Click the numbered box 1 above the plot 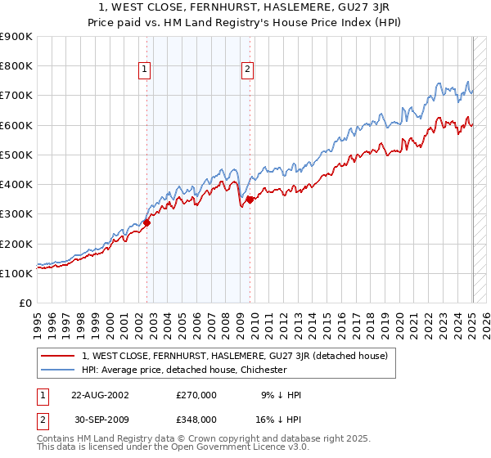[x=144, y=70]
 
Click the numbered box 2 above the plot [x=247, y=70]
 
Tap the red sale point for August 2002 [x=147, y=222]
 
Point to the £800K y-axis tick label [x=16, y=66]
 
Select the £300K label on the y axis [x=16, y=214]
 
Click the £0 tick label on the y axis [x=25, y=303]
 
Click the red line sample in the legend [x=58, y=356]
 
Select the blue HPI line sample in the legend [x=58, y=370]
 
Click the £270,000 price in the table [x=196, y=395]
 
